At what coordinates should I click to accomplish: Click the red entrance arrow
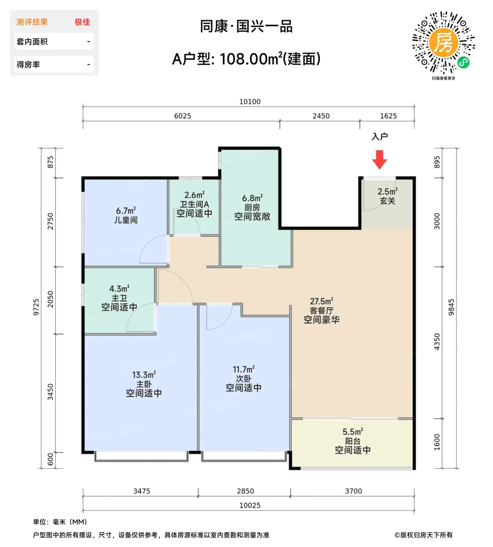pos(379,159)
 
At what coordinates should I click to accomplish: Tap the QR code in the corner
pos(443,43)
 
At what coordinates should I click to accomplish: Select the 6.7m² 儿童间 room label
pos(126,215)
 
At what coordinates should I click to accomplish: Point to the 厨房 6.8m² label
pos(252,207)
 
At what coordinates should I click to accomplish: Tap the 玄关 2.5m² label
pos(387,196)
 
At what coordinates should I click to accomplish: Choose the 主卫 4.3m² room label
pos(119,298)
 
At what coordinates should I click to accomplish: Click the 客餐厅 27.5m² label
pos(322,310)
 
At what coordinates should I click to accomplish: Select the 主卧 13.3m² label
pos(144,384)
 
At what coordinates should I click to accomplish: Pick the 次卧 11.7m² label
pos(243,378)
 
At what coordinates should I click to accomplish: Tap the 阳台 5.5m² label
pos(353,441)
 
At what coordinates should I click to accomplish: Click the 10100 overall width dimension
pos(250,102)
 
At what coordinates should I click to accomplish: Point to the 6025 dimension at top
pos(182,116)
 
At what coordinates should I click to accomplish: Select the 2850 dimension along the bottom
pos(245,491)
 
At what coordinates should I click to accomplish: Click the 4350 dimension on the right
pos(437,341)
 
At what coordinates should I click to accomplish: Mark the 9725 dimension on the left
pos(36,307)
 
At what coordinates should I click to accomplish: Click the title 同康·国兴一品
pos(246,27)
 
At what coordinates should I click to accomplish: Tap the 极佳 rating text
pos(82,22)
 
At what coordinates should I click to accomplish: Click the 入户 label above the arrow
pos(380,136)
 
